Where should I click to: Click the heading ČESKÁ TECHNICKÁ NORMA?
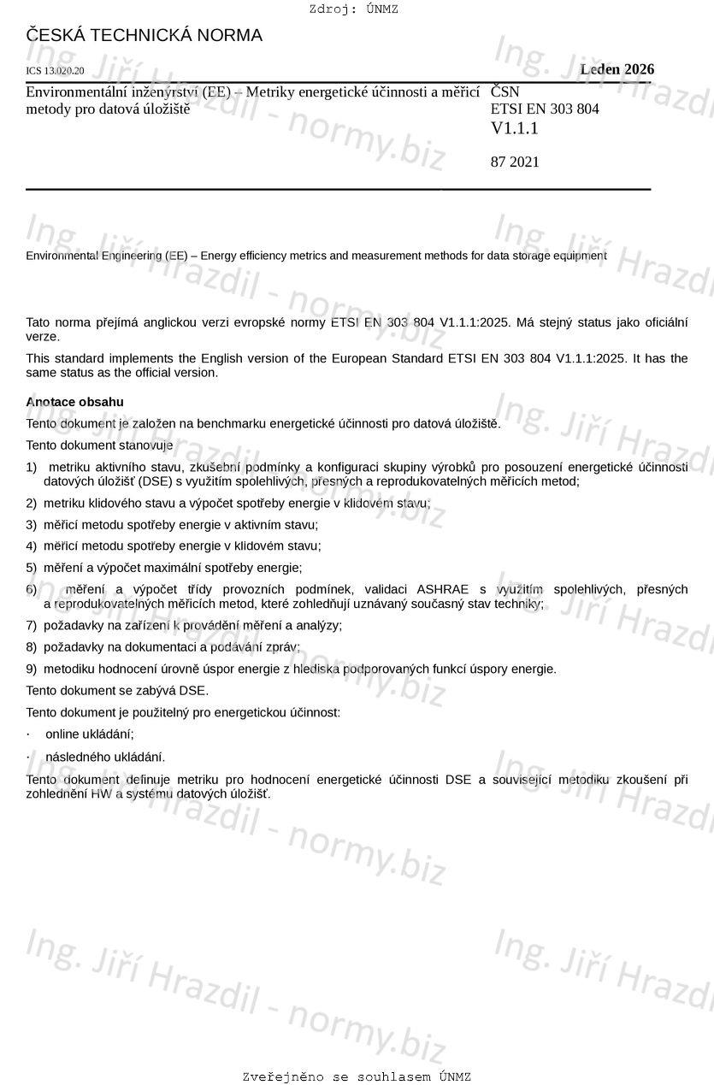point(144,36)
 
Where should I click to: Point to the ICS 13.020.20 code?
point(55,71)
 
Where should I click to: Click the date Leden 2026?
point(617,69)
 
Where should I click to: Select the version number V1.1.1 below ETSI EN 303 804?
point(514,128)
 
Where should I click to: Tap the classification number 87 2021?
point(515,162)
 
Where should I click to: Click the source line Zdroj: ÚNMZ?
point(354,9)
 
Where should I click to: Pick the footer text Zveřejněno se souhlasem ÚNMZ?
point(357,1076)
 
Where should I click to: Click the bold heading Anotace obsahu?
point(74,402)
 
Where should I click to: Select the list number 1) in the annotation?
point(32,467)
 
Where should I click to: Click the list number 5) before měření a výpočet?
point(32,567)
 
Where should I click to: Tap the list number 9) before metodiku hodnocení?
point(32,669)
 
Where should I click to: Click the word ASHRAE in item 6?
point(442,589)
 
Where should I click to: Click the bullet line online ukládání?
point(89,734)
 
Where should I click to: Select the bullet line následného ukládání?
point(104,757)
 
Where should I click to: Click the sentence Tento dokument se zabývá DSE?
point(117,690)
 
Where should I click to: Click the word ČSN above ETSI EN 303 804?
point(505,91)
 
